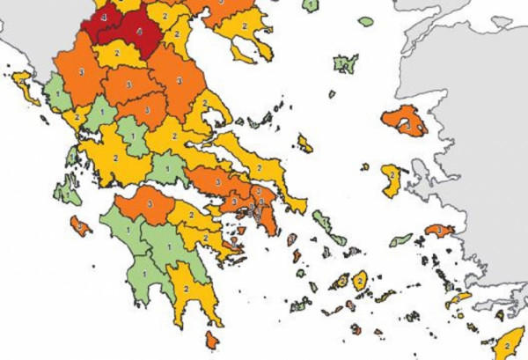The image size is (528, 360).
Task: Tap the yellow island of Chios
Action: click(x=392, y=179)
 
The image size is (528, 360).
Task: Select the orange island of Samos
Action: click(x=436, y=231)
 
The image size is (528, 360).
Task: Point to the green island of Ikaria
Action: click(x=401, y=239)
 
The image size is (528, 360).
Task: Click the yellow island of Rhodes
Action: click(x=507, y=345)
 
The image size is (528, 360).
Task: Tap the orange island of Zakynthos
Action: click(x=79, y=225)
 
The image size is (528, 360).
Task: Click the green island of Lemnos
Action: click(x=344, y=63)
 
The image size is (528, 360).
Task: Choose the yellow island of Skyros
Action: click(x=305, y=142)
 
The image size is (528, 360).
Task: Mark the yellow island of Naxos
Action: click(x=360, y=282)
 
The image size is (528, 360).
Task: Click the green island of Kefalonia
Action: click(x=66, y=188)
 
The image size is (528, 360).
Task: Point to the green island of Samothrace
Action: click(x=364, y=19)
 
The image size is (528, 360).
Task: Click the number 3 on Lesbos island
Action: click(x=407, y=126)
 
